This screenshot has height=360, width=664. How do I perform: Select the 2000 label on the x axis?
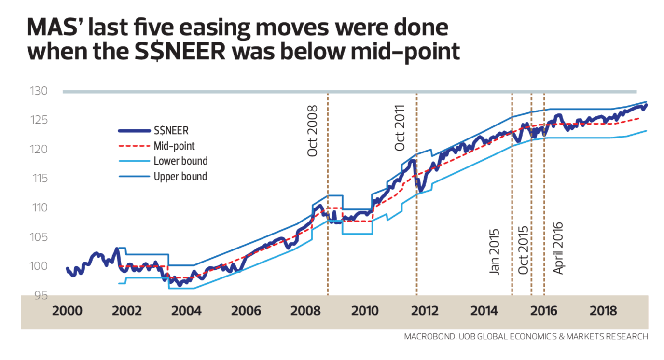point(67,311)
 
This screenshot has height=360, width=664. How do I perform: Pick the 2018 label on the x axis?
point(603,311)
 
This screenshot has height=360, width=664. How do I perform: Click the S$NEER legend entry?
point(171,130)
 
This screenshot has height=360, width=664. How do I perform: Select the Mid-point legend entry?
point(174,145)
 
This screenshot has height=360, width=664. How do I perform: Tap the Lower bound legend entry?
point(180,161)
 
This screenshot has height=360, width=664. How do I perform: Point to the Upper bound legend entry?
point(180,176)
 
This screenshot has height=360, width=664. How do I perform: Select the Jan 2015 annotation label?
point(495,251)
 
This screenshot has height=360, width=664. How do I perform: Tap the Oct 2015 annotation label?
point(524,250)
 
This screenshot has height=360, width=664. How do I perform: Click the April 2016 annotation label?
point(558,248)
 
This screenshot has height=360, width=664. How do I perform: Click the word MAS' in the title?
point(55,29)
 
